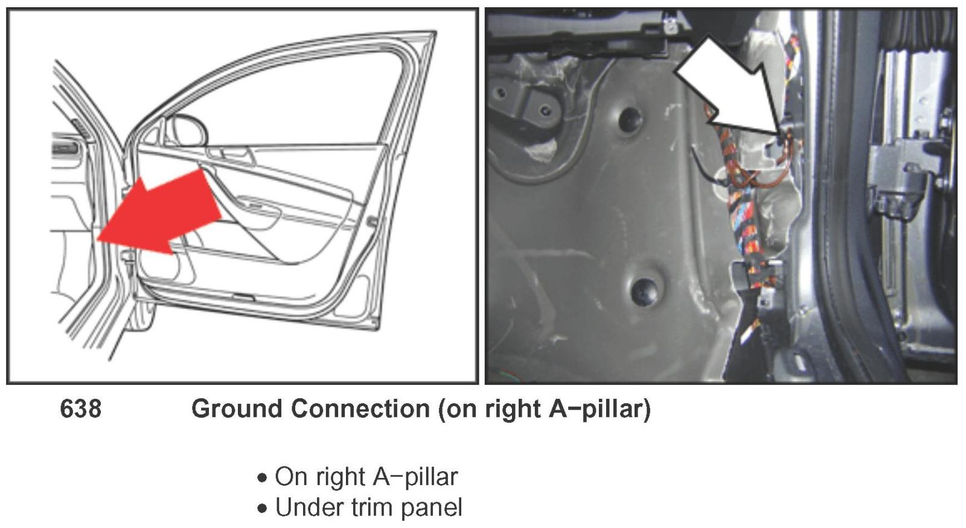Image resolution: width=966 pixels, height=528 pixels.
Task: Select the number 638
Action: click(x=81, y=409)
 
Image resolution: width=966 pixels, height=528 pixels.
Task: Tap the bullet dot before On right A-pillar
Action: click(x=261, y=479)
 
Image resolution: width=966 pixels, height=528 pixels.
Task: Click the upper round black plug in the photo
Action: click(x=630, y=119)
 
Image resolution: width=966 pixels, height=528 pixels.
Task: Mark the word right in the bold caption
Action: click(x=513, y=409)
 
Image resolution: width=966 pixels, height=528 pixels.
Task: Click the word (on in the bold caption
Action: click(x=456, y=409)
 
